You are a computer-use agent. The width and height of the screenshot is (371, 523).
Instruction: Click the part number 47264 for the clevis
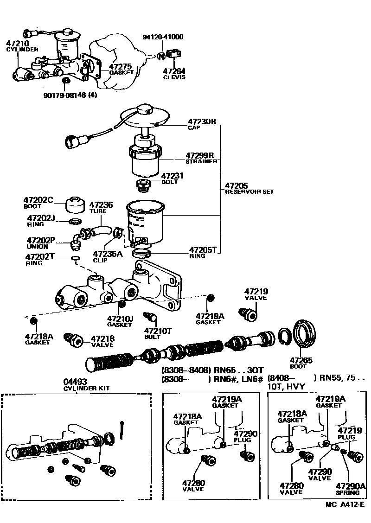(174, 71)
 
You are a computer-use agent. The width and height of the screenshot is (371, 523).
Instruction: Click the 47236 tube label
(101, 204)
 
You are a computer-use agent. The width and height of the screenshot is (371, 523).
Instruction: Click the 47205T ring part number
(203, 249)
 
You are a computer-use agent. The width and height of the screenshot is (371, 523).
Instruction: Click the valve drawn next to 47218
(74, 340)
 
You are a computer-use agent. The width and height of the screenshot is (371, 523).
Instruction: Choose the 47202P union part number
(41, 240)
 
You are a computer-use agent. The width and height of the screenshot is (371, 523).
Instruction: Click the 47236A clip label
(108, 254)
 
